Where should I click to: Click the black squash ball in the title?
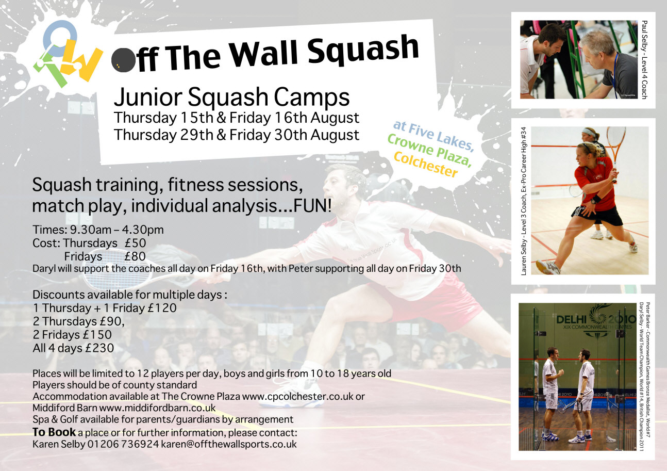pyautogui.click(x=123, y=60)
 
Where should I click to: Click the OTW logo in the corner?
pyautogui.click(x=68, y=54)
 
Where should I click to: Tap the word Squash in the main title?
pyautogui.click(x=363, y=51)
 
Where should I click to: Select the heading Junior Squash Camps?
pyautogui.click(x=231, y=97)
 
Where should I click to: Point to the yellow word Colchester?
pyautogui.click(x=426, y=165)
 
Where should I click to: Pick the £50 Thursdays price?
pyautogui.click(x=136, y=243)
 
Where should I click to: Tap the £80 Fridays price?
pyautogui.click(x=135, y=256)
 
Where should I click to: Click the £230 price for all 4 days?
pyautogui.click(x=99, y=348)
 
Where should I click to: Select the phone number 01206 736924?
pyautogui.click(x=123, y=444)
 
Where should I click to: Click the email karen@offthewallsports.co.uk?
pyautogui.click(x=229, y=444)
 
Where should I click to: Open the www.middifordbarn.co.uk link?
pyautogui.click(x=157, y=408)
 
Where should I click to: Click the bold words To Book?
pyautogui.click(x=54, y=432)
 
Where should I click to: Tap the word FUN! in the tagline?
pyautogui.click(x=312, y=206)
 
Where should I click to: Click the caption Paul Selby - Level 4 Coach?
pyautogui.click(x=644, y=60)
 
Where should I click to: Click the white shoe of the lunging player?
pyautogui.click(x=291, y=393)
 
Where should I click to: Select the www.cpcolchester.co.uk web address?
pyautogui.click(x=298, y=396)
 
